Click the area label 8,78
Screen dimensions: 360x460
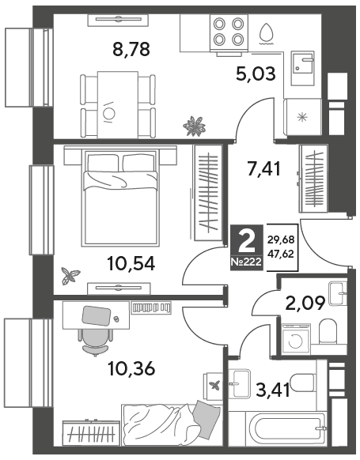[x=131, y=49]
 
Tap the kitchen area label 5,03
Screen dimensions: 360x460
[x=256, y=74]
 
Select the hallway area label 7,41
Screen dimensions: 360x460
[x=264, y=169]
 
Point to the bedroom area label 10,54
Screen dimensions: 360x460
[x=131, y=263]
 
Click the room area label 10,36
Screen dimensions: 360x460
[x=131, y=368]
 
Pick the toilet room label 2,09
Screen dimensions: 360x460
[x=305, y=303]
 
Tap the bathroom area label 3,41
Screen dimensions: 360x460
[x=273, y=390]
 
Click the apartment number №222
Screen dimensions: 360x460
[x=246, y=262]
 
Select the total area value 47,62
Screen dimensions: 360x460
[x=280, y=254]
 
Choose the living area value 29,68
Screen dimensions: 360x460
[x=280, y=239]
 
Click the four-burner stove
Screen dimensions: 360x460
[x=229, y=32]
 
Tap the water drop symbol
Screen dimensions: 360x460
[x=267, y=34]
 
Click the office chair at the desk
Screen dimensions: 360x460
[x=95, y=341]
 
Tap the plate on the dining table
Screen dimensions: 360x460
[x=108, y=112]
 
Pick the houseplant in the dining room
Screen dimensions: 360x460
[x=194, y=126]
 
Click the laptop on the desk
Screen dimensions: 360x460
[x=97, y=316]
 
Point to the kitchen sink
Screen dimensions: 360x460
[x=303, y=68]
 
